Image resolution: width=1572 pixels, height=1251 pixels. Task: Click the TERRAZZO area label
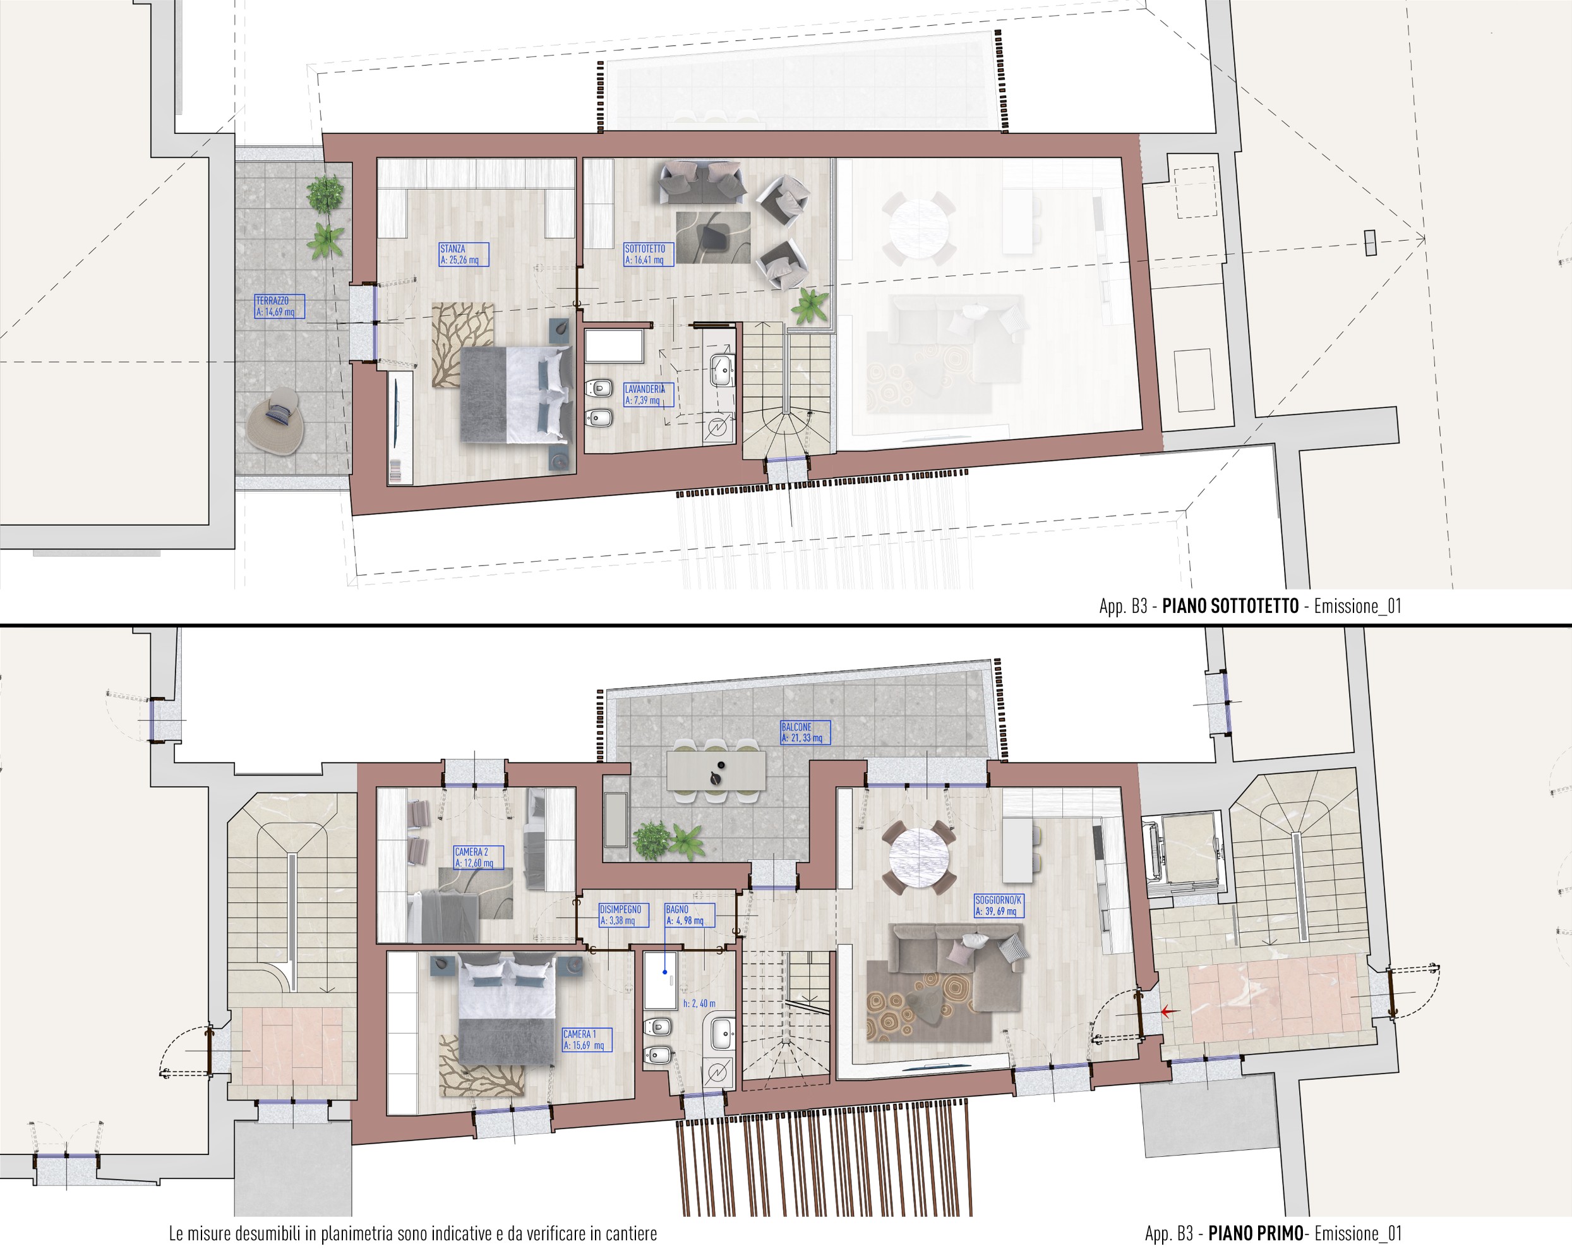click(279, 306)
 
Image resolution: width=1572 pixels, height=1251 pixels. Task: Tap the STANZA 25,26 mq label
click(464, 255)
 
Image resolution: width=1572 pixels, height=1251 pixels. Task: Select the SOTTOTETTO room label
click(648, 255)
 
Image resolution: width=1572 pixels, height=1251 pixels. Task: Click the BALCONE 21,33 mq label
click(806, 732)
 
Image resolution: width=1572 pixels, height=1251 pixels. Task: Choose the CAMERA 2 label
click(478, 857)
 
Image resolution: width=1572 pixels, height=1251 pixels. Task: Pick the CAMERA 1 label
click(587, 1039)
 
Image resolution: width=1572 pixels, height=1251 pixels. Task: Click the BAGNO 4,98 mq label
click(689, 916)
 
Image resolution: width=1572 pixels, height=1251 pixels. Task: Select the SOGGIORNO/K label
click(1000, 906)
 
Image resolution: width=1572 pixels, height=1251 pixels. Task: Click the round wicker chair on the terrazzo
click(274, 423)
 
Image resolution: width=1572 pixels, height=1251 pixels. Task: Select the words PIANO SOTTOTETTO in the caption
click(1230, 606)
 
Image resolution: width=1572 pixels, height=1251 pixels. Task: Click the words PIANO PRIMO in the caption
click(1256, 1233)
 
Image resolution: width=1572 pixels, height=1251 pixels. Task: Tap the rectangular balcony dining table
click(716, 771)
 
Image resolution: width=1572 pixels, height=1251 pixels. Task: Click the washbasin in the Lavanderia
click(722, 369)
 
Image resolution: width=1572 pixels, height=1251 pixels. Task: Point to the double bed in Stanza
click(515, 394)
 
